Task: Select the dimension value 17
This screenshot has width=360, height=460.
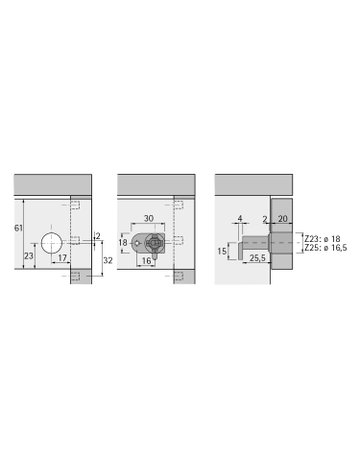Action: tap(62, 257)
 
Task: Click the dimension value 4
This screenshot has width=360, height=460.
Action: tap(240, 217)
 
